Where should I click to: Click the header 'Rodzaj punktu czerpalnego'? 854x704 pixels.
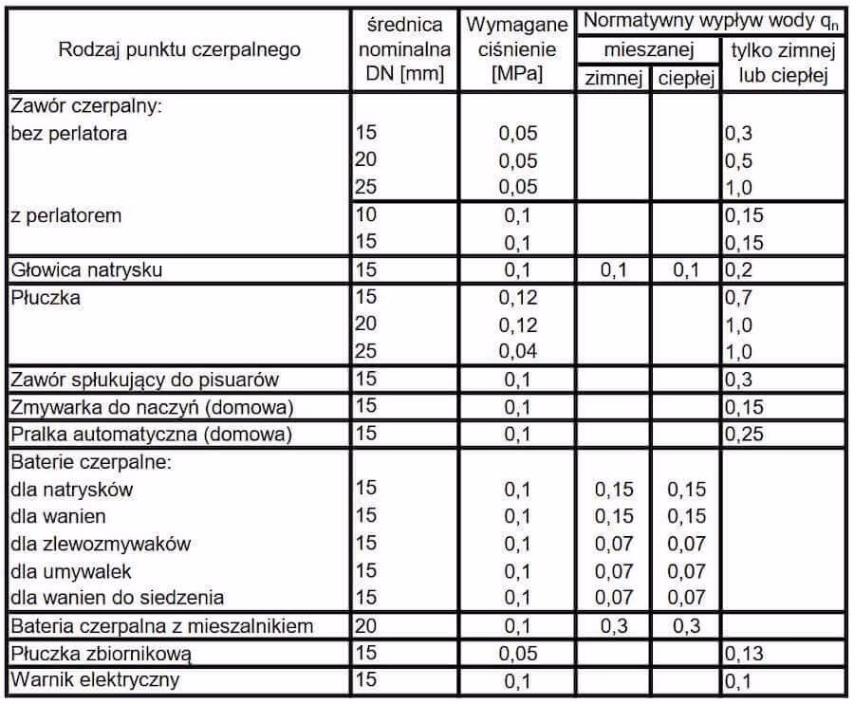pos(179,48)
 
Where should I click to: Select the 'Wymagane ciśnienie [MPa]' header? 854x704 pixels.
pos(517,49)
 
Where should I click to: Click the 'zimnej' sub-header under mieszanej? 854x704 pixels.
pos(613,78)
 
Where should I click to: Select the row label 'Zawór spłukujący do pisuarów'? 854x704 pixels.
pos(144,380)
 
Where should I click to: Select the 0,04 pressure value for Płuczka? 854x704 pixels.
pos(518,352)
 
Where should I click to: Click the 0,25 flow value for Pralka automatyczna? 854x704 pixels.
pos(746,435)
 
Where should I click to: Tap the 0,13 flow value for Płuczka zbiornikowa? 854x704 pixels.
pos(746,654)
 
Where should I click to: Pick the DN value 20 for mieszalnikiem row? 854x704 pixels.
pos(366,626)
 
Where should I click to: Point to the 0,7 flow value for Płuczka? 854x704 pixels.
pos(740,297)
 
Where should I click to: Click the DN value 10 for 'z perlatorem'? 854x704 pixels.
pos(366,215)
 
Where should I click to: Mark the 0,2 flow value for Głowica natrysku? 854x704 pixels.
pos(740,270)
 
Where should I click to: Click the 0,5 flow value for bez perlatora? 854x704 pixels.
pos(739,160)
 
